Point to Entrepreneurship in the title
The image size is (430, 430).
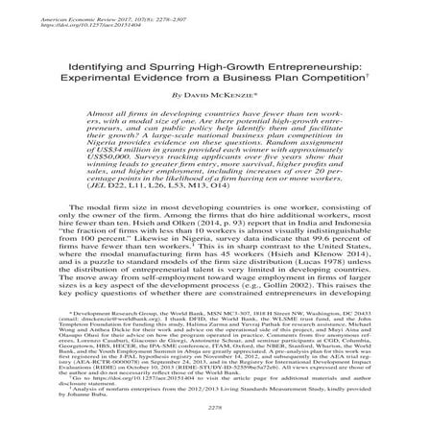pos(277,58)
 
